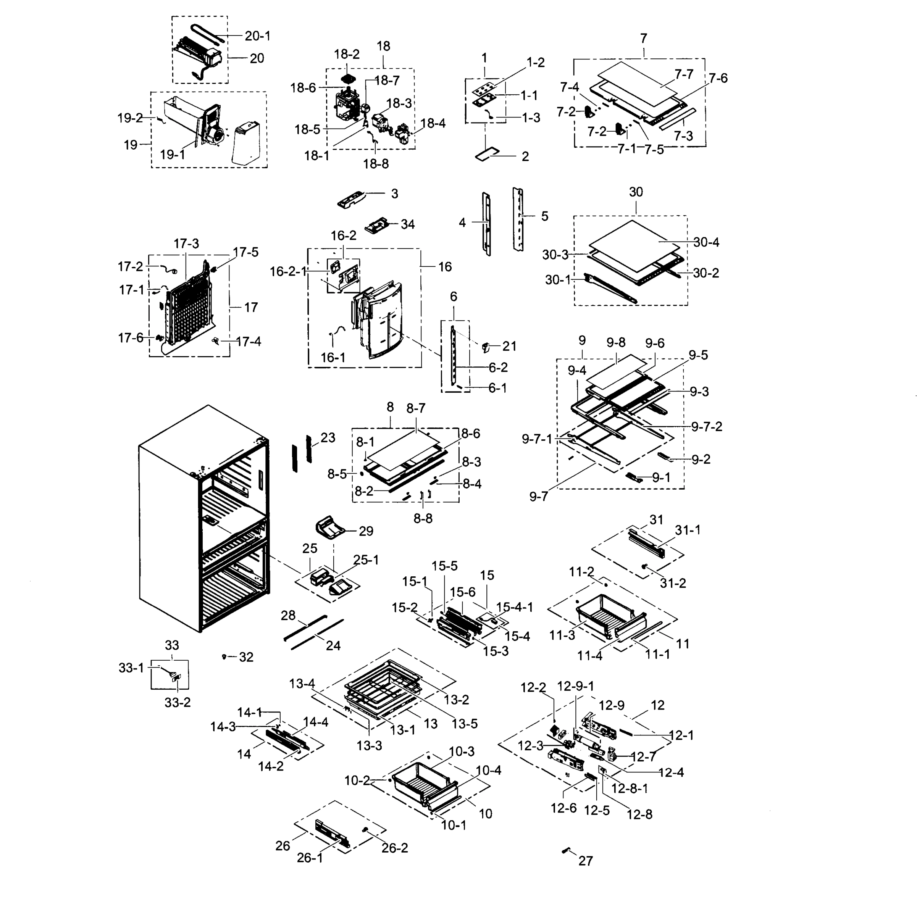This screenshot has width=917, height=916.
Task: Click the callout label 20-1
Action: pos(257,36)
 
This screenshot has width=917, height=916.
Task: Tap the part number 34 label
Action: pos(407,224)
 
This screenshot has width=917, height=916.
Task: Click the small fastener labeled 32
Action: pos(224,656)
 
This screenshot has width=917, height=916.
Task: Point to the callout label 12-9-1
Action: pos(575,686)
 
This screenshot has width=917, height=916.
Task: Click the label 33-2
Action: pos(178,702)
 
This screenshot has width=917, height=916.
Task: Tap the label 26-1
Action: pos(310,858)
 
